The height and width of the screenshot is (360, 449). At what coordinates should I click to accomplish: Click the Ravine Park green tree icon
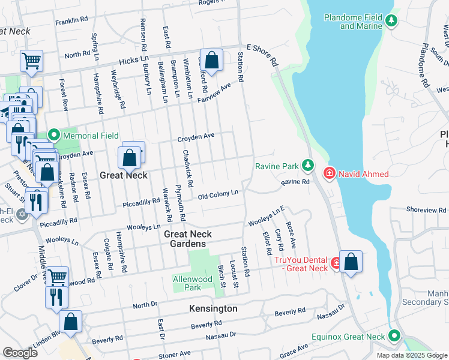point(307,164)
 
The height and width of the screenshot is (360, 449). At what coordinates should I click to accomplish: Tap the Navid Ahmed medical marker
point(329,174)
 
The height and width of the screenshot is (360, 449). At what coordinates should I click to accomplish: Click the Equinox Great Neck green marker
point(394,337)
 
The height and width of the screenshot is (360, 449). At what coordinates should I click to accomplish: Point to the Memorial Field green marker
point(53,136)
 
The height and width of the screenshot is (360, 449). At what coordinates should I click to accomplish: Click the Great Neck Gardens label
point(185,239)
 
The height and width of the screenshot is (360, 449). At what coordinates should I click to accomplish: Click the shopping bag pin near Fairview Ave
point(211,61)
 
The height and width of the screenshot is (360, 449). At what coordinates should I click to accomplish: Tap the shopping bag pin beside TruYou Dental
point(351,263)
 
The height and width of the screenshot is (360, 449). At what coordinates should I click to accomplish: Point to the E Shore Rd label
point(263,55)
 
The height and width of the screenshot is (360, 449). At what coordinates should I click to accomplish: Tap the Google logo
point(20,353)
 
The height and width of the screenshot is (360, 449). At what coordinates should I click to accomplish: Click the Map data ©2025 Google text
point(411,355)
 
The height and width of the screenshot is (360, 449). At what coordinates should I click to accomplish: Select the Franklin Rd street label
point(67,22)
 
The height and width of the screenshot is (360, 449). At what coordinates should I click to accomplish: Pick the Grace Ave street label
point(294,349)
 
